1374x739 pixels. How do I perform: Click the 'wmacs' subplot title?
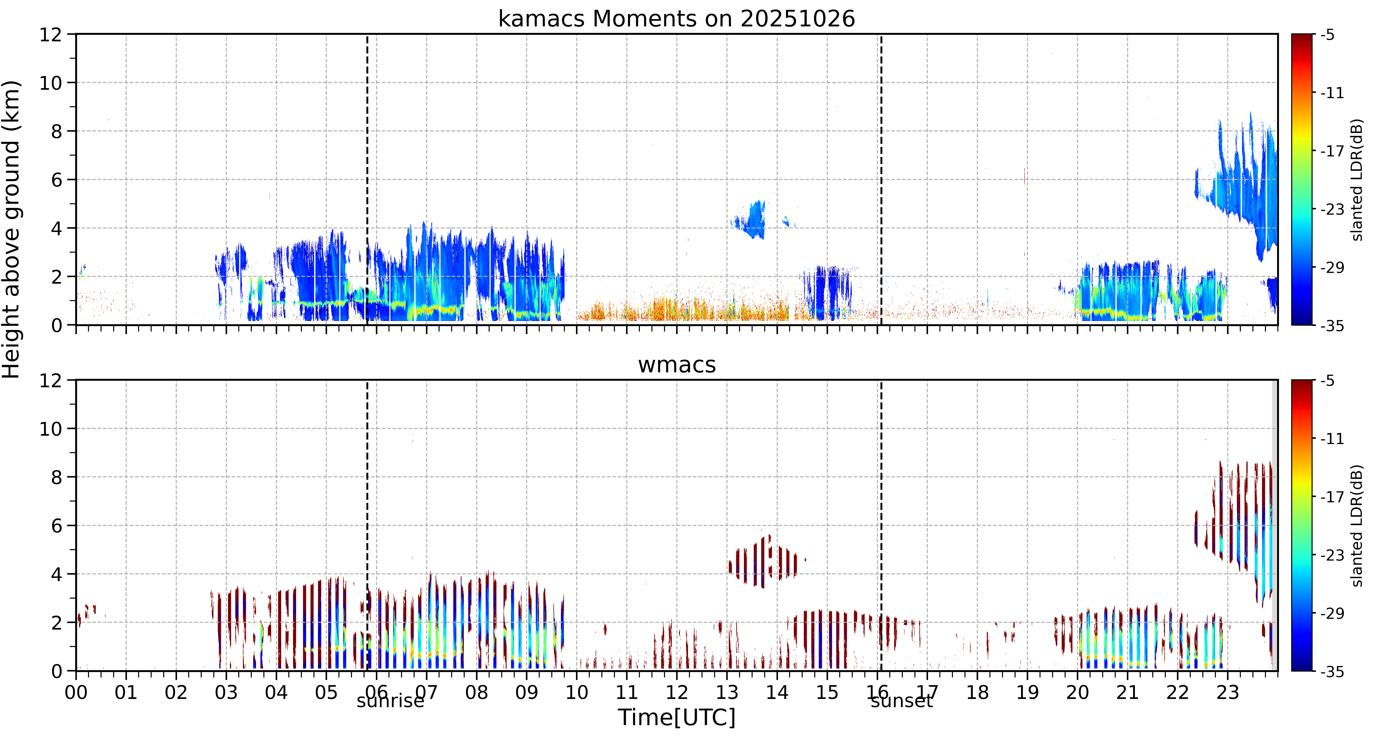tap(677, 365)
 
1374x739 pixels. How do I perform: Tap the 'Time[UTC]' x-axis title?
tap(676, 717)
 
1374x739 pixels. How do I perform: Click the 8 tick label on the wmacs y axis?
tap(56, 477)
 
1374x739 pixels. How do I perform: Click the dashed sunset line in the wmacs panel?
tap(881, 525)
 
